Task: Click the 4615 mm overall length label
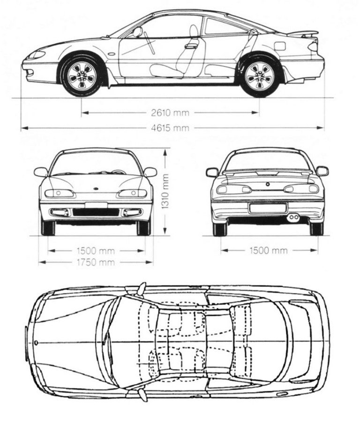170,127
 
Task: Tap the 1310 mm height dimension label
165,191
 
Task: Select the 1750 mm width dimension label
96,262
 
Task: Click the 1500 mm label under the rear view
269,250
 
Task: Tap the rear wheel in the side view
259,75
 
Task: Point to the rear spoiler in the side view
303,34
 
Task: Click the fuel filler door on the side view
280,46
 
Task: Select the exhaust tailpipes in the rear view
293,217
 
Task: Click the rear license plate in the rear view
268,208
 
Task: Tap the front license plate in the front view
96,205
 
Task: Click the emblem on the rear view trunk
268,184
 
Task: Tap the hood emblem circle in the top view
36,343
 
